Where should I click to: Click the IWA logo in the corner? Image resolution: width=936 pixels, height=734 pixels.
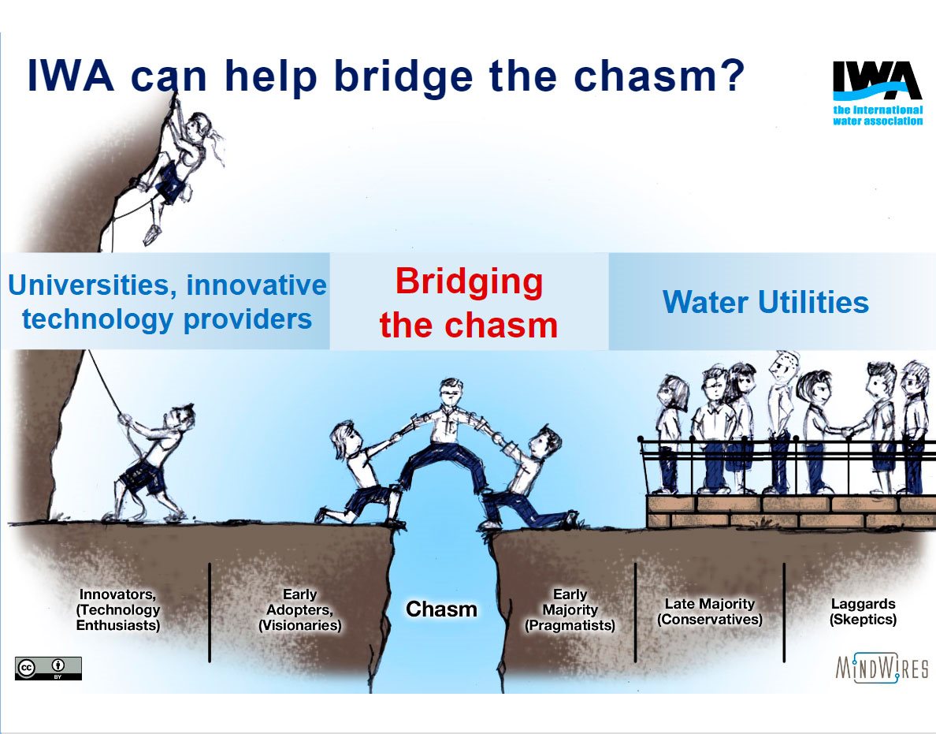coord(878,93)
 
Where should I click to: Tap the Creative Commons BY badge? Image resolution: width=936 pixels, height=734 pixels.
coord(48,669)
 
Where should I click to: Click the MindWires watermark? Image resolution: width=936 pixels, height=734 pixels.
coord(882,668)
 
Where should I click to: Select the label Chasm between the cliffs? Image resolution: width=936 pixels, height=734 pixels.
coord(441,609)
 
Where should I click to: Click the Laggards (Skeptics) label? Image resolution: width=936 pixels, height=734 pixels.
coord(863,612)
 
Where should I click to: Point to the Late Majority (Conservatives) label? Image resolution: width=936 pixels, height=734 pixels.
coord(710,612)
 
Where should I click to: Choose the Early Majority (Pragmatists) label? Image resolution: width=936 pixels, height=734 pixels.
coord(570,609)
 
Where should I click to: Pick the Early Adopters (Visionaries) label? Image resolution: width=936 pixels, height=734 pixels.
coord(299,609)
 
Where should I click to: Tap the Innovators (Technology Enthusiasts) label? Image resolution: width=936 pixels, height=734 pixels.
coord(118,609)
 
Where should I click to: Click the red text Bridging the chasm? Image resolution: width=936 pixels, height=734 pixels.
coord(469,303)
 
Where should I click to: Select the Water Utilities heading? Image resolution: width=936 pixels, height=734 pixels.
coord(766,302)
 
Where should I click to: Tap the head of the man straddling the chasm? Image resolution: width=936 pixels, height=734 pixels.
coord(451,392)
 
